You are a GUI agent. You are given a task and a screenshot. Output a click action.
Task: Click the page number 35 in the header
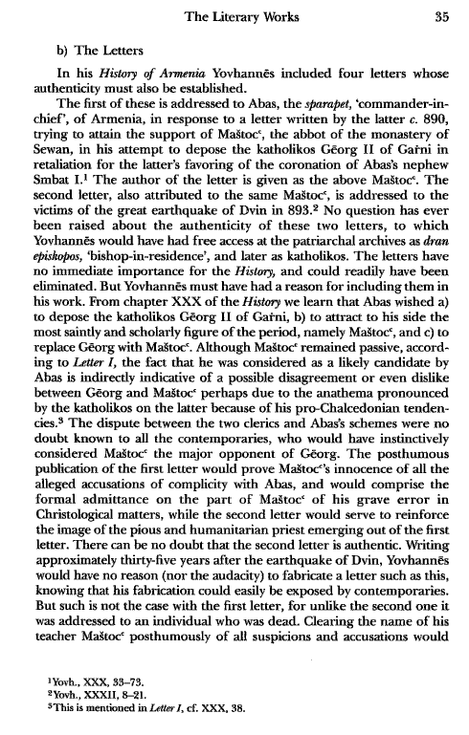tap(430, 14)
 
